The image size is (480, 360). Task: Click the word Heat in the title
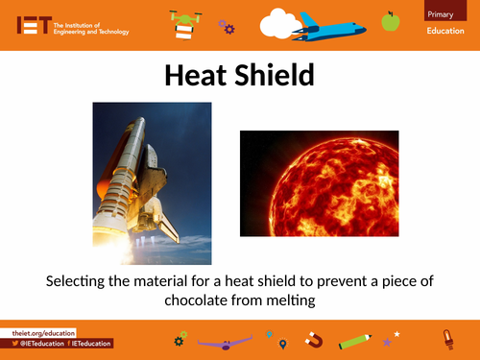click(197, 76)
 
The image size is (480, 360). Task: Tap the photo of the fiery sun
click(318, 183)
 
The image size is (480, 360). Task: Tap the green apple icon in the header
click(390, 20)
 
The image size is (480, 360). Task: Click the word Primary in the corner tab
click(443, 12)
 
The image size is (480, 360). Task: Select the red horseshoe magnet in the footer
click(313, 340)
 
